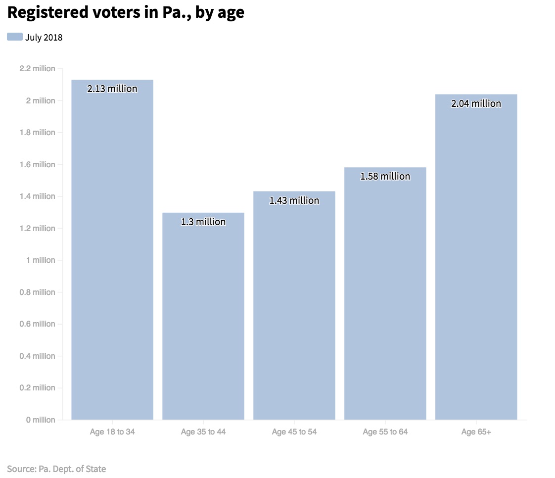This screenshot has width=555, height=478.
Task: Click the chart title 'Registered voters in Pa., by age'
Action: (x=126, y=12)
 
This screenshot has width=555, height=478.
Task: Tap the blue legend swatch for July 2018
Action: (x=14, y=37)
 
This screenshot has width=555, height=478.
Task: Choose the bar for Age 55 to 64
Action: (x=385, y=297)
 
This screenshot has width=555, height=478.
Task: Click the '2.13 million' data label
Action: (x=112, y=89)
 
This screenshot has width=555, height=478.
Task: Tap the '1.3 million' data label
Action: (x=203, y=222)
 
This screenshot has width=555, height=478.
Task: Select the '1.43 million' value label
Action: (x=294, y=201)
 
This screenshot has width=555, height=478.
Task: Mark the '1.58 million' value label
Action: (x=385, y=177)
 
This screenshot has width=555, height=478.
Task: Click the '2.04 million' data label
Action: (x=476, y=104)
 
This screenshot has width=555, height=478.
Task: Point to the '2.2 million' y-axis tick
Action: (x=37, y=69)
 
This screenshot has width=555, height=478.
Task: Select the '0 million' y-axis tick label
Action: (x=41, y=420)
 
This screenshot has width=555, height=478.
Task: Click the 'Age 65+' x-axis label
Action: (x=476, y=432)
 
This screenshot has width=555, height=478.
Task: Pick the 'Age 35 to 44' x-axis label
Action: (x=203, y=432)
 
